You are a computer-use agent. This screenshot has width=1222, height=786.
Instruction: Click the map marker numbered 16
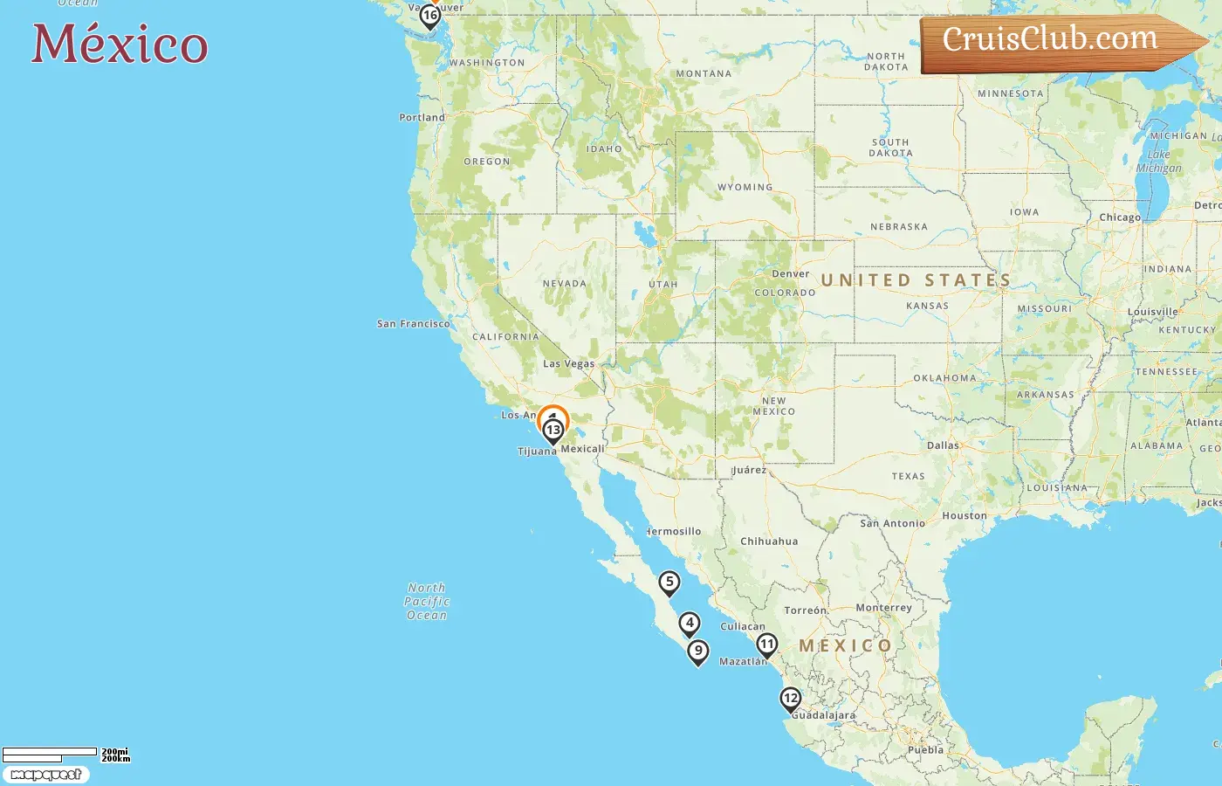[429, 16]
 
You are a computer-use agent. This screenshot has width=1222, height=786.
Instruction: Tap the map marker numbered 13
[553, 430]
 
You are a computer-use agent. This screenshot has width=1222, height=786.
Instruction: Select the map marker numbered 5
[669, 583]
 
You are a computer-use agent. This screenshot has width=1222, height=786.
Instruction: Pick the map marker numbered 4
[690, 624]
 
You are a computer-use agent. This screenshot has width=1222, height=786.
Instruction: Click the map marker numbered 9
[698, 652]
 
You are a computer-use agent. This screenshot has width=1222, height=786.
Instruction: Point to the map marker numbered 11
[766, 645]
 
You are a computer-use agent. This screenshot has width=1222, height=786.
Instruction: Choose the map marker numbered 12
[791, 698]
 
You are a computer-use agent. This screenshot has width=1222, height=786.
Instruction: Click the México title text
[120, 44]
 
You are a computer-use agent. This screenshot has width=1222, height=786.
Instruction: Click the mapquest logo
[45, 775]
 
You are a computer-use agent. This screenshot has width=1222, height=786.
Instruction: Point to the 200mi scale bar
[50, 752]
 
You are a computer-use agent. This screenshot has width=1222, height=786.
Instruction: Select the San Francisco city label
[414, 324]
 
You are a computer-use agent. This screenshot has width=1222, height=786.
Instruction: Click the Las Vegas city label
[569, 364]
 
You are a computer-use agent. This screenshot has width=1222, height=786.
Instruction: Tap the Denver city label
[791, 274]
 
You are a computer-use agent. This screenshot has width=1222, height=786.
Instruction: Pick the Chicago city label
[1120, 217]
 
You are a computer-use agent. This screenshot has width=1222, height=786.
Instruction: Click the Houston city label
[965, 516]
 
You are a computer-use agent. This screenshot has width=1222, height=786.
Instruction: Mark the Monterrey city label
[884, 608]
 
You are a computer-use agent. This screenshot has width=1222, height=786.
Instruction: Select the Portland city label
[422, 118]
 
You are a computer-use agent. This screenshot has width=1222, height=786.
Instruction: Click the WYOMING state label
[745, 188]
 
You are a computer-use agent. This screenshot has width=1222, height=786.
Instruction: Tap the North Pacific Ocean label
[427, 602]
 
